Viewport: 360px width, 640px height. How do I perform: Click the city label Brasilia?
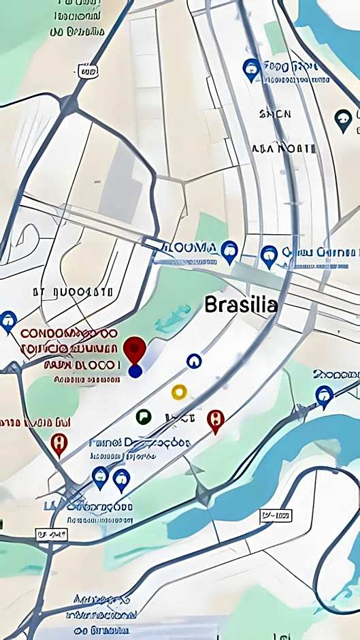[241, 304]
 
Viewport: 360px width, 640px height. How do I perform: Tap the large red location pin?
[135, 349]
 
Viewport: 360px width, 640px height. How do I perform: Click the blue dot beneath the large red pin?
[135, 371]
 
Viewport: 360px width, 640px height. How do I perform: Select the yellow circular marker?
[179, 391]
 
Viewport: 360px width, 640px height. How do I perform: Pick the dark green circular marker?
[143, 416]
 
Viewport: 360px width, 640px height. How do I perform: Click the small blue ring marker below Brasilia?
[194, 360]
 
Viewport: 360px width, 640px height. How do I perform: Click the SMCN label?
[275, 114]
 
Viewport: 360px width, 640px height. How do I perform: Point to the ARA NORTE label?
[284, 148]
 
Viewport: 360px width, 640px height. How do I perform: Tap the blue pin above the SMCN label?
[252, 68]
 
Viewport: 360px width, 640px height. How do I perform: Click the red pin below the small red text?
[60, 443]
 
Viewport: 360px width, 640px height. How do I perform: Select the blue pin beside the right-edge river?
[325, 395]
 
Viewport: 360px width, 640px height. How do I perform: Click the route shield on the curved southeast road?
[276, 517]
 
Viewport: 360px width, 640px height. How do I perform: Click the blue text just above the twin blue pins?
[140, 443]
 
